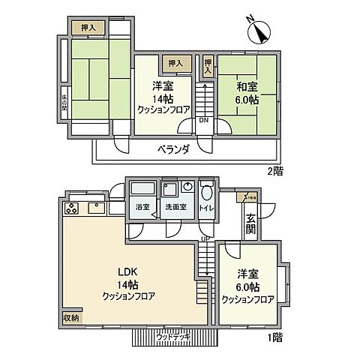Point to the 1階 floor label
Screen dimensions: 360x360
275,338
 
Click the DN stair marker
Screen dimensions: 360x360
203,119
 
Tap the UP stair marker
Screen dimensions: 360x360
202,239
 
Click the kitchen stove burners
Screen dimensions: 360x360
73,209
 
